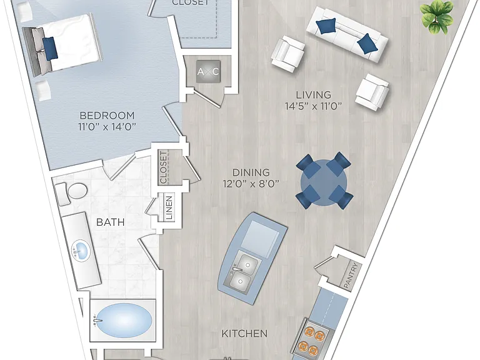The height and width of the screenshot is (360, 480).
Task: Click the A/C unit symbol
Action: [208, 72]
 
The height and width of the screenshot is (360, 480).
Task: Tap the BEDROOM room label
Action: [107, 116]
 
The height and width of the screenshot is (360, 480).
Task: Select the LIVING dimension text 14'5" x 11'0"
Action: [313, 106]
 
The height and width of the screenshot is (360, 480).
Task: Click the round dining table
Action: [324, 182]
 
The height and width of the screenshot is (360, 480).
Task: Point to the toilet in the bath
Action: [71, 193]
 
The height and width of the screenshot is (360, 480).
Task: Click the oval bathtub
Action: [122, 321]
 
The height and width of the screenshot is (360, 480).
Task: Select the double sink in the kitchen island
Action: [242, 271]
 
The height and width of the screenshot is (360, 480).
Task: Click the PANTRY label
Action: [350, 276]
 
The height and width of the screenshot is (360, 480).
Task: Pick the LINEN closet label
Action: [169, 207]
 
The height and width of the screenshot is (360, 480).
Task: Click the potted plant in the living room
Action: [437, 16]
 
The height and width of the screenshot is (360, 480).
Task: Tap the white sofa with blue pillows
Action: [347, 35]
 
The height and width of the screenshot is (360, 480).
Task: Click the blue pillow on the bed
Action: [50, 48]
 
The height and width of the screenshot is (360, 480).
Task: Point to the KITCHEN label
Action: [244, 333]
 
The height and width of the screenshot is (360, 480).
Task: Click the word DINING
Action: [251, 172]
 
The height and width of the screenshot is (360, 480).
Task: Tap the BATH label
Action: [110, 222]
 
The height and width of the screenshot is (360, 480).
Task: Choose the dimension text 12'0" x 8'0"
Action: [251, 184]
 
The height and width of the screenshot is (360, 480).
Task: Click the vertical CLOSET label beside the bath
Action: [164, 167]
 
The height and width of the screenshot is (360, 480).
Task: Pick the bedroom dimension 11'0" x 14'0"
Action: [107, 126]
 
